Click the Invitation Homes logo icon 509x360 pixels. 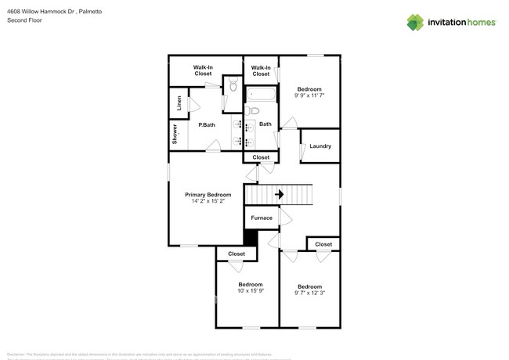(415, 22)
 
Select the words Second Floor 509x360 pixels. (24, 20)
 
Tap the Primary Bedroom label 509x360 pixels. (208, 194)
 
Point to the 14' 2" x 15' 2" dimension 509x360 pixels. (208, 201)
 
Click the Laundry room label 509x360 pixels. (320, 146)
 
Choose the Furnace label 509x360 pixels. (262, 218)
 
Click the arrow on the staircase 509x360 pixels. (278, 194)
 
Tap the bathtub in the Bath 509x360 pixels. (261, 96)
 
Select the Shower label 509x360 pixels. (175, 135)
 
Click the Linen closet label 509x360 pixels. (179, 103)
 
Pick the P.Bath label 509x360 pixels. (207, 125)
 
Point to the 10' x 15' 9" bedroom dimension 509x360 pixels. (251, 291)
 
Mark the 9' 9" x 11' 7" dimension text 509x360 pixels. (309, 95)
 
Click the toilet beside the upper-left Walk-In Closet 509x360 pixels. (233, 85)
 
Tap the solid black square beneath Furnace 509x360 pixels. (251, 238)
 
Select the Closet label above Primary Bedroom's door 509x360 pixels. (261, 157)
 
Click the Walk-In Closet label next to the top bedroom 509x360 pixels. (261, 70)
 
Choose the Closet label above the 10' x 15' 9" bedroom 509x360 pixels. (236, 254)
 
